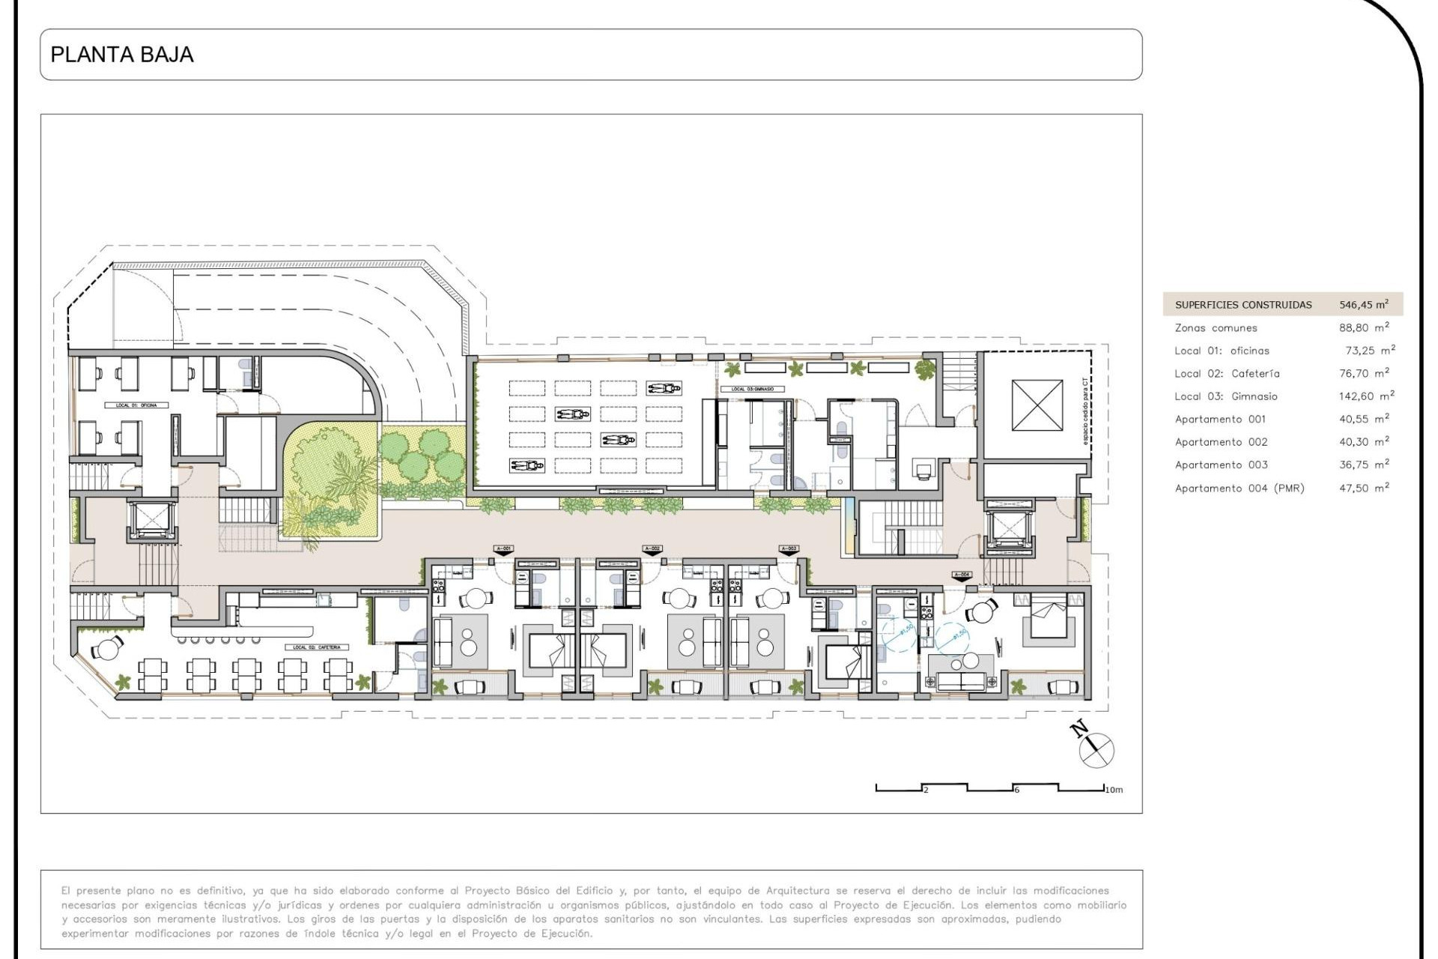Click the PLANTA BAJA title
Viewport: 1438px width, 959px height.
point(122,55)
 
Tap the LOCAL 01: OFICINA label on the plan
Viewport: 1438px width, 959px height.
point(136,405)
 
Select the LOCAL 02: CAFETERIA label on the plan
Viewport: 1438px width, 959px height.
point(317,647)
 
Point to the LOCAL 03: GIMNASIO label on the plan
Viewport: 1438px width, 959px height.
point(752,390)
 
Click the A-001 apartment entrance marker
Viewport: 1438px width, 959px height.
point(503,550)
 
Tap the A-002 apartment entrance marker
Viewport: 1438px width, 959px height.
point(652,550)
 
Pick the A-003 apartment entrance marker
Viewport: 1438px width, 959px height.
point(789,550)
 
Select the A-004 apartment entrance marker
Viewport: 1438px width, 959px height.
point(962,576)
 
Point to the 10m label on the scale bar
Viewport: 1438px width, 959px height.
point(1114,790)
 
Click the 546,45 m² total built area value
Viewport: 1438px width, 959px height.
point(1363,305)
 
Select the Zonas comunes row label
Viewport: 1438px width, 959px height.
point(1216,328)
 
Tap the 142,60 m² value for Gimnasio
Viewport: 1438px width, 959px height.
point(1366,396)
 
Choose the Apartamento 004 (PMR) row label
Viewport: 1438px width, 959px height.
point(1239,488)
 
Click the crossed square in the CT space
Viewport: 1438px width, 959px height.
point(1037,405)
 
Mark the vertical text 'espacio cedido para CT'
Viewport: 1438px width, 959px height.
point(1084,412)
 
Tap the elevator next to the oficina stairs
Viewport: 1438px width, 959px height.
point(152,520)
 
